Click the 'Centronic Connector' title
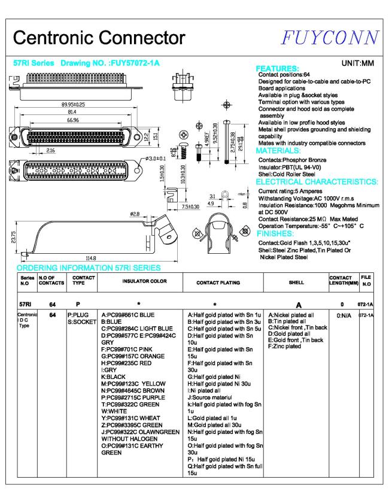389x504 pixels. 99,38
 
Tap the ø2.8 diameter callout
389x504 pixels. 135,214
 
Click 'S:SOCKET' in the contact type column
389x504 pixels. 82,321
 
